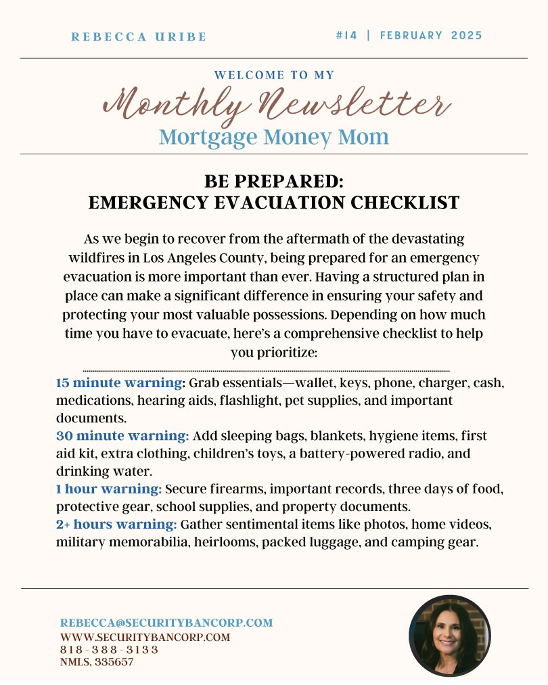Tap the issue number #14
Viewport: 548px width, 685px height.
[x=347, y=35]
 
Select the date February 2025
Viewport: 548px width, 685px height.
[x=431, y=35]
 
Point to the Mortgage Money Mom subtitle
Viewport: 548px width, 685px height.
[x=274, y=137]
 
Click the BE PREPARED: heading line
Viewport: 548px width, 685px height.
[x=274, y=181]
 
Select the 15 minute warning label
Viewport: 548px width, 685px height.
[x=120, y=383]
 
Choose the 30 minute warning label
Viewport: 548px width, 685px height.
[x=122, y=435]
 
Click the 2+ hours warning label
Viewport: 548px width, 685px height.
[x=116, y=524]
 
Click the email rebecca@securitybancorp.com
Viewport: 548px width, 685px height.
[x=166, y=623]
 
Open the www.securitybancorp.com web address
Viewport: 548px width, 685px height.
[x=145, y=637]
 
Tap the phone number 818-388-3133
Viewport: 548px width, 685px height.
[x=109, y=650]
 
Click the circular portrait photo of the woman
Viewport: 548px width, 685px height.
[x=449, y=635]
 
